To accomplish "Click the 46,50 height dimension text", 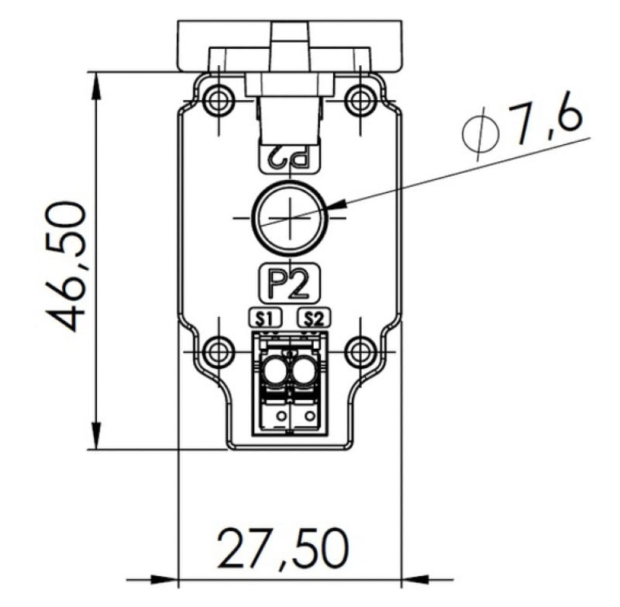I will pos(64,266).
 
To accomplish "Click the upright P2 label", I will pos(289,285).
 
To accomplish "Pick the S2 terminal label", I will pos(313,318).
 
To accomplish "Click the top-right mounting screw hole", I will pos(359,99).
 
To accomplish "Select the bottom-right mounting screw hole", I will pos(359,351).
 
